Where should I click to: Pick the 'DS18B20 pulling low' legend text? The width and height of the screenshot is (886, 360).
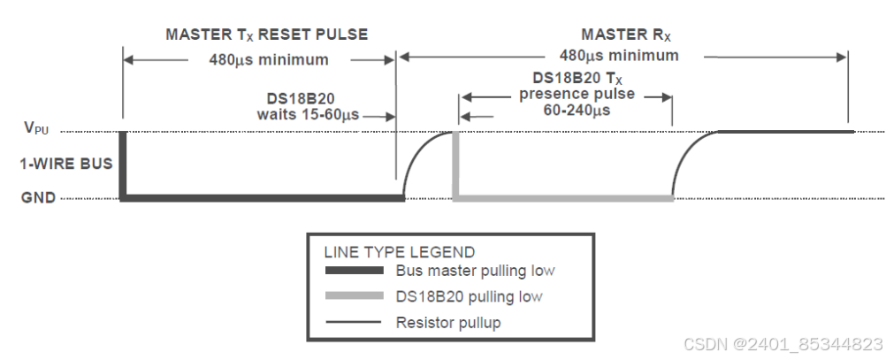[469, 296]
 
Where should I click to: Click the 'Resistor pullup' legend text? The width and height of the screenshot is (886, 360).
[447, 322]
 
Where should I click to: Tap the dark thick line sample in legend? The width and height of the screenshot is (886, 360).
[354, 271]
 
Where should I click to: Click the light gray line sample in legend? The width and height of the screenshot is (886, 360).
[354, 296]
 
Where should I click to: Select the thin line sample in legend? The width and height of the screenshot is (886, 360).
[354, 322]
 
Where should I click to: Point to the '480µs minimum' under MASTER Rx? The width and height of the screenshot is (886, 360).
[618, 55]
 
